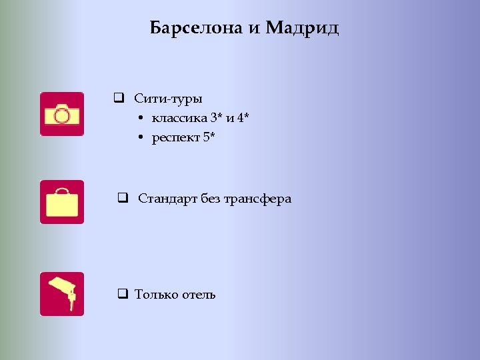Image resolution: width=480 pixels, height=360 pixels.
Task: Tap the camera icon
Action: point(62,114)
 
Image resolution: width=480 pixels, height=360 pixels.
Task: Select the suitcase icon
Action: point(62,202)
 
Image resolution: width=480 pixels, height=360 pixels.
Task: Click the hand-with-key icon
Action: point(62,293)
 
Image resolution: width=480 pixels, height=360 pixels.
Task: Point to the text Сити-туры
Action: point(168,99)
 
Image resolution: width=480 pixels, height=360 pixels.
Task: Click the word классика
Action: point(178,119)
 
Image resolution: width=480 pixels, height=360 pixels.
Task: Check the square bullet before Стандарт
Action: point(123,199)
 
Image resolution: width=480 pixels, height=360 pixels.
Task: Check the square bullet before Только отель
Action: point(122,294)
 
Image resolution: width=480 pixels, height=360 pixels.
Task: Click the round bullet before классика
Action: point(143,119)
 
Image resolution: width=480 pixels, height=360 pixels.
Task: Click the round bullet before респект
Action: point(143,139)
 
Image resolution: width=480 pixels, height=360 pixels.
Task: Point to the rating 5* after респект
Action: point(209,138)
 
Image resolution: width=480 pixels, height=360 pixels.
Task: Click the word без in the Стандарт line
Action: point(209,199)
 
